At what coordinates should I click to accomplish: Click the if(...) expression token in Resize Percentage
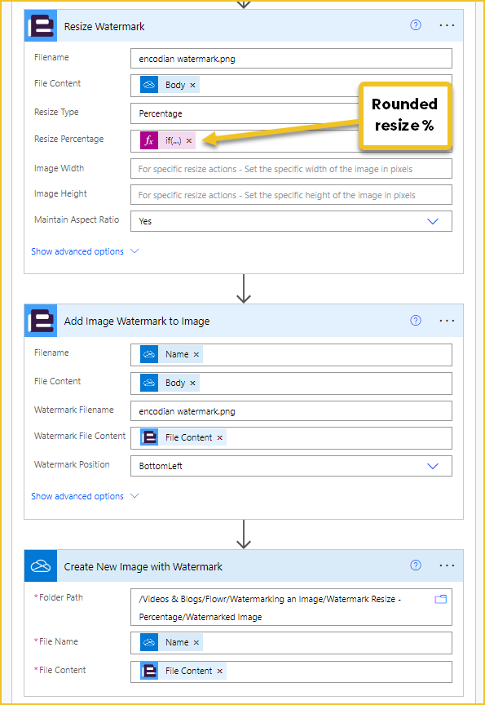[167, 140]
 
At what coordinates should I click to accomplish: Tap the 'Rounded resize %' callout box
[404, 115]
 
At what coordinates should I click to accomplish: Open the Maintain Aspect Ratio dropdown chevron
[433, 221]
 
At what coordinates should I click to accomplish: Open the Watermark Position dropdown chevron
[433, 466]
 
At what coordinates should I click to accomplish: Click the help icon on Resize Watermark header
[416, 25]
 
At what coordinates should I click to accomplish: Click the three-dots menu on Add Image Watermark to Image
[447, 321]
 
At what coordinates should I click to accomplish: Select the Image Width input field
[291, 169]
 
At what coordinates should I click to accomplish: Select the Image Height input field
[291, 195]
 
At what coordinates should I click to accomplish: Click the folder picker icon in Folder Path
[440, 599]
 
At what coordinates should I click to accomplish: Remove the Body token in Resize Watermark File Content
[192, 85]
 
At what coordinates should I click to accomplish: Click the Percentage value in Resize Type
[161, 113]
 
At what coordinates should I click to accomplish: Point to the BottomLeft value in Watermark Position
[161, 466]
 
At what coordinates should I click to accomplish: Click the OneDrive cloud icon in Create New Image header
[41, 565]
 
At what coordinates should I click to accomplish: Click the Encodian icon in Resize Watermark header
[41, 26]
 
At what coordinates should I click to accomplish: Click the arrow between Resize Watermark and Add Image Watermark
[244, 289]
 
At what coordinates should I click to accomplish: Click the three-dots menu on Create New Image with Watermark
[447, 565]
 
